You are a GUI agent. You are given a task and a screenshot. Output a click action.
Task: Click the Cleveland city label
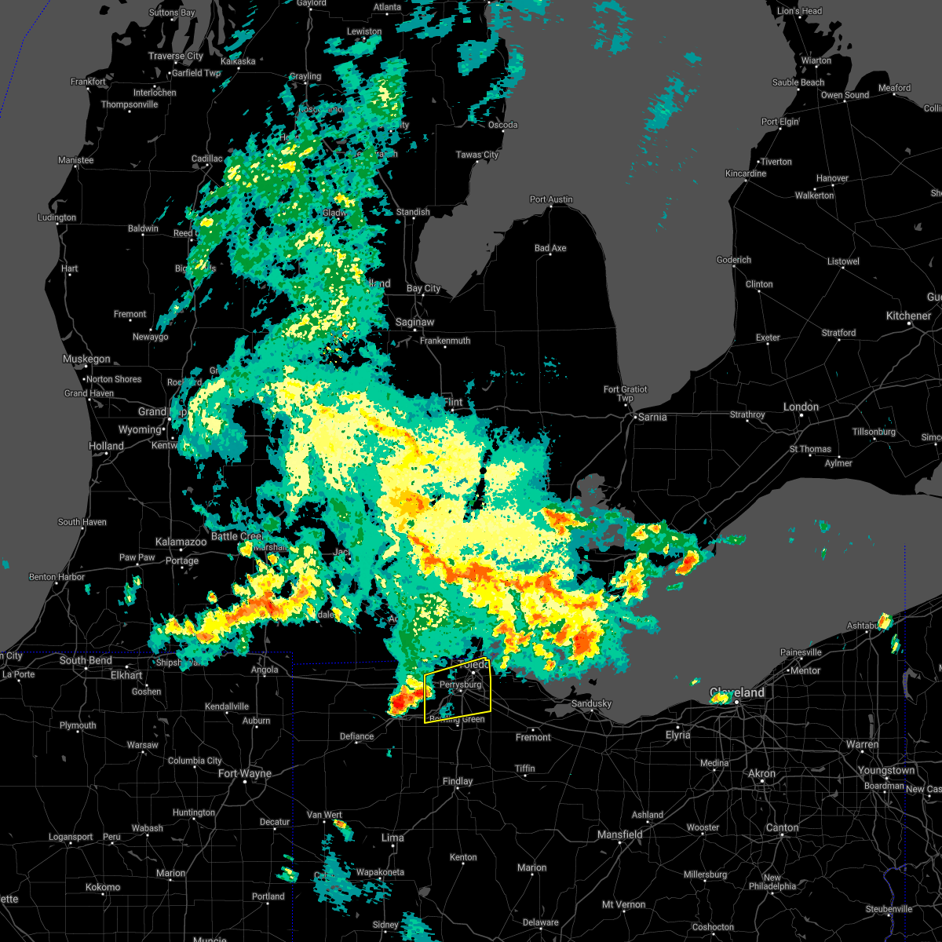click(x=737, y=693)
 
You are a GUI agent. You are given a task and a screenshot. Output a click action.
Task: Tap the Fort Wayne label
click(x=245, y=773)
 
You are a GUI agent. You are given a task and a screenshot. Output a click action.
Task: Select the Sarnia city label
click(x=652, y=417)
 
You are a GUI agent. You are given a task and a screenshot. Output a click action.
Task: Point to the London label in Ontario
click(x=801, y=407)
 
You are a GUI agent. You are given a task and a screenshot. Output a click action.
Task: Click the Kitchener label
click(x=908, y=316)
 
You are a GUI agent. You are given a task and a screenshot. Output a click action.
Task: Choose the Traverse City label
click(x=176, y=57)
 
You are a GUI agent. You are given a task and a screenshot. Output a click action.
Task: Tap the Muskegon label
click(x=86, y=359)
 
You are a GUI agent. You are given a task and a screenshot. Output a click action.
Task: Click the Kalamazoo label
click(x=181, y=542)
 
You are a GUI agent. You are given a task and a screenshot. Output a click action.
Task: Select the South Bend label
click(x=86, y=660)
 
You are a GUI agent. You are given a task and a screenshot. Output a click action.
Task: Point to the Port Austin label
click(x=551, y=199)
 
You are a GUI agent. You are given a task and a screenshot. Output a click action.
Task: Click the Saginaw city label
click(x=414, y=322)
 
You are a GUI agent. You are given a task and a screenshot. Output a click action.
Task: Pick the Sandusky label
click(x=591, y=703)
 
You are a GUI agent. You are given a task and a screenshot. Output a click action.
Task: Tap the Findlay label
click(x=458, y=781)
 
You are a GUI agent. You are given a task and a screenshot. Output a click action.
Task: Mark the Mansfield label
click(x=620, y=834)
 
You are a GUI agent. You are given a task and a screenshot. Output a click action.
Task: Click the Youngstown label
click(x=886, y=770)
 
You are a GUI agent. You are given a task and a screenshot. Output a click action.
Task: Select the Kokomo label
click(x=103, y=887)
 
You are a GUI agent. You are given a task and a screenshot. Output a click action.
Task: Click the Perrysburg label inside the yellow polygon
click(x=460, y=685)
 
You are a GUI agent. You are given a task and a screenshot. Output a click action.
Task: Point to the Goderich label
click(x=734, y=260)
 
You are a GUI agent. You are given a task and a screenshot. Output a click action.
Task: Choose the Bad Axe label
click(x=550, y=248)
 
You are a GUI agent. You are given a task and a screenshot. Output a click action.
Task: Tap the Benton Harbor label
click(x=57, y=577)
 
